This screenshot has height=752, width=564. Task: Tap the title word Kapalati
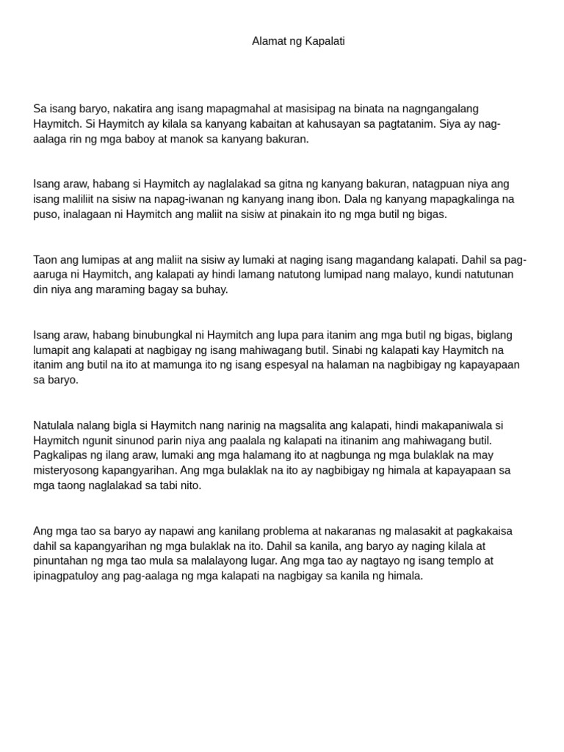coord(324,41)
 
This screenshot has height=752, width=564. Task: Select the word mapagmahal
coord(209,109)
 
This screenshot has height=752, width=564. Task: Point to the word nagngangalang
coord(443,109)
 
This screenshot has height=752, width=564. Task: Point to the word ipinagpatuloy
coord(66,576)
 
